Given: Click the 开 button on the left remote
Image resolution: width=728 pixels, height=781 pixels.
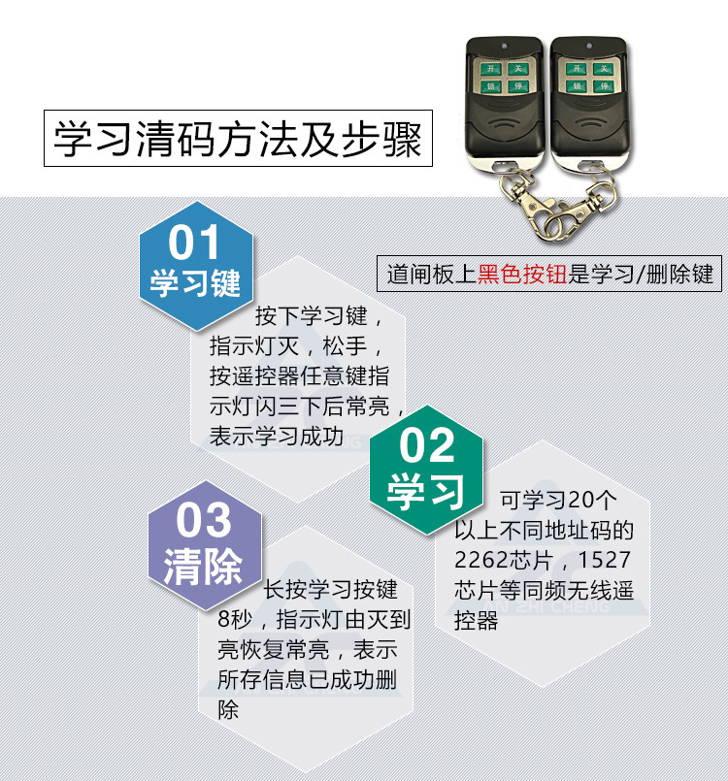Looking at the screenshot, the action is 491,69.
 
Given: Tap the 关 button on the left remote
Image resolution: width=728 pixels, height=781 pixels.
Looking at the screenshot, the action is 519,69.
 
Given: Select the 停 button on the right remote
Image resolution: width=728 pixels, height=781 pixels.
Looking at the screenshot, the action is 603,87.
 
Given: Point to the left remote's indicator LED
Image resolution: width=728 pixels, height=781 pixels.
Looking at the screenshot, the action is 505,46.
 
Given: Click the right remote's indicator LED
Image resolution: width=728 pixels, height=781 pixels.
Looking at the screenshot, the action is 588,46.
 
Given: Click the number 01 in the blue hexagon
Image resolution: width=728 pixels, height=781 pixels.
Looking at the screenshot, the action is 195,242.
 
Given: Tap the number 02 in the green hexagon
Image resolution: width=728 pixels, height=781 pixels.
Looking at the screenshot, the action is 427,445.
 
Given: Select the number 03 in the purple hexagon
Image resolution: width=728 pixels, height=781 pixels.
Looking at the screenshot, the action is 204,521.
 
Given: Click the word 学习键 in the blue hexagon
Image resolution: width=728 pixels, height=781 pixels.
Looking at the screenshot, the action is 195,282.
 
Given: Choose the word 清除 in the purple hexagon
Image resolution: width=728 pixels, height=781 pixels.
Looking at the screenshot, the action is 203,567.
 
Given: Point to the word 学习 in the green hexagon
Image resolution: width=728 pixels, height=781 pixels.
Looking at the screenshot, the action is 427,491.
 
